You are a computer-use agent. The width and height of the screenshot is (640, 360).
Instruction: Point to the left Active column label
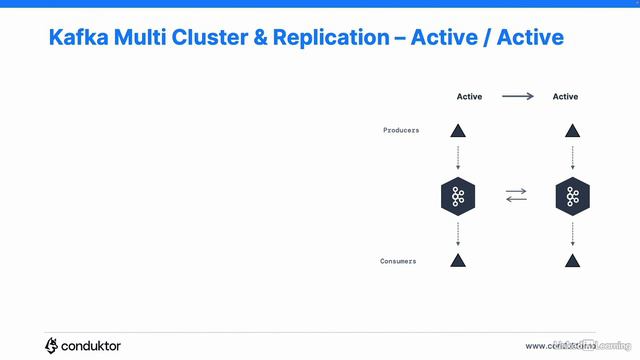click(x=469, y=97)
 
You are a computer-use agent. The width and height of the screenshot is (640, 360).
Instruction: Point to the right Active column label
click(x=565, y=97)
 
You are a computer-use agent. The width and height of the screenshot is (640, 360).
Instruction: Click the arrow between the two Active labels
click(x=517, y=97)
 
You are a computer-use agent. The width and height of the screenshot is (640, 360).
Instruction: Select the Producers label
click(x=401, y=131)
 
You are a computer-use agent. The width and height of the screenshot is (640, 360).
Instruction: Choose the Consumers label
click(x=398, y=261)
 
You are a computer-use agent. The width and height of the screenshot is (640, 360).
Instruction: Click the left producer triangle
click(x=458, y=131)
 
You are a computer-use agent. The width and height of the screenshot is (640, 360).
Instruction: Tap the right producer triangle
click(x=572, y=131)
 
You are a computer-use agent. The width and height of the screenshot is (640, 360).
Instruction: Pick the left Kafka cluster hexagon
click(x=458, y=196)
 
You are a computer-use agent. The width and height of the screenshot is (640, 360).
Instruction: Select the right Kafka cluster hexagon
click(x=572, y=196)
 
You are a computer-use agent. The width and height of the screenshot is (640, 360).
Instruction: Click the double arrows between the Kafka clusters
click(x=516, y=196)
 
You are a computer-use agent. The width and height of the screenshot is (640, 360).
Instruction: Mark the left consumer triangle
click(x=458, y=261)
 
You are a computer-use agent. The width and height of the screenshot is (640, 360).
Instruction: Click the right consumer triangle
click(x=572, y=261)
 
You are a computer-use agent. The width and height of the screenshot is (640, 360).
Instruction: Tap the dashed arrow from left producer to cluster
click(x=458, y=158)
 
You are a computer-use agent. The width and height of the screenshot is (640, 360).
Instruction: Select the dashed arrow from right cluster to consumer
click(x=572, y=234)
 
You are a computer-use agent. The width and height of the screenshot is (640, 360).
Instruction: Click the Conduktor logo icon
click(x=52, y=345)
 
